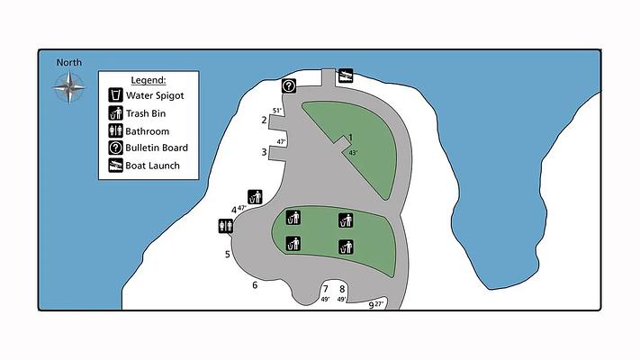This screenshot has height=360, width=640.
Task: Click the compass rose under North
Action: pyautogui.click(x=69, y=87)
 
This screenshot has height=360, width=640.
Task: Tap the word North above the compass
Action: pyautogui.click(x=69, y=62)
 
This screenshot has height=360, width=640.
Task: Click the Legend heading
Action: pyautogui.click(x=149, y=80)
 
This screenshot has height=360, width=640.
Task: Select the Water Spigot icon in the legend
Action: pyautogui.click(x=115, y=95)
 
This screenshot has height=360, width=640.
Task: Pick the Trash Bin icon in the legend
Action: pyautogui.click(x=115, y=113)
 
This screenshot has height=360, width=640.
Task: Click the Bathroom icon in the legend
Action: pyautogui.click(x=115, y=130)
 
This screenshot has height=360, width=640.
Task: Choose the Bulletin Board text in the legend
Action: pyautogui.click(x=157, y=148)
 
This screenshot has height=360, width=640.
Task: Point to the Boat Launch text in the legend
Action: pyautogui.click(x=153, y=166)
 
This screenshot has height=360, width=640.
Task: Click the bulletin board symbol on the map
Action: pyautogui.click(x=289, y=86)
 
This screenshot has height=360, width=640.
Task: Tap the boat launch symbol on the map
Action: pyautogui.click(x=346, y=76)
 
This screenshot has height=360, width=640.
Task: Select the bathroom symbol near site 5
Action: pyautogui.click(x=226, y=226)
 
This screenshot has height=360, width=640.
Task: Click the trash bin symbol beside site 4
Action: pyautogui.click(x=255, y=197)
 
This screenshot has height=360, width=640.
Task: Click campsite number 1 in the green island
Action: pyautogui.click(x=350, y=138)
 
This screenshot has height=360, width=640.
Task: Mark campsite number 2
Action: pyautogui.click(x=264, y=120)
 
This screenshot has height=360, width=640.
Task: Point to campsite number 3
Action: pyautogui.click(x=264, y=152)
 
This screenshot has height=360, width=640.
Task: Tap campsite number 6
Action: pyautogui.click(x=255, y=285)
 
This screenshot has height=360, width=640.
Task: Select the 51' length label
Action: pyautogui.click(x=277, y=111)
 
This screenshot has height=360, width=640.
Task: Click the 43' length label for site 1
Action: pyautogui.click(x=353, y=153)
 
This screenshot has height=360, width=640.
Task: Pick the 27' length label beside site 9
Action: pyautogui.click(x=379, y=304)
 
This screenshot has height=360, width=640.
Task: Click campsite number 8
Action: pyautogui.click(x=342, y=290)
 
